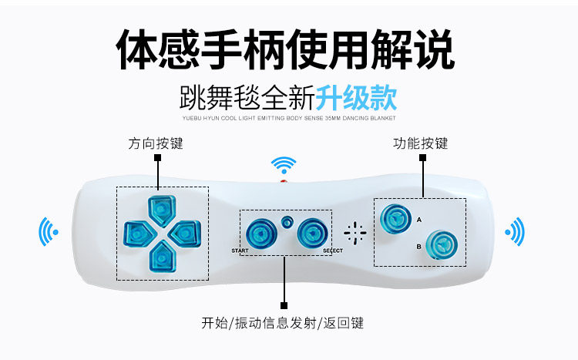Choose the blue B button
(x=440, y=244)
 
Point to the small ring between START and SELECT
(x=287, y=221)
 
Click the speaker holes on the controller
(x=355, y=233)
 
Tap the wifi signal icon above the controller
(x=283, y=165)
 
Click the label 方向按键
(x=156, y=144)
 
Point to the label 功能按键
(x=420, y=143)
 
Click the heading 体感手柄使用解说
(x=285, y=51)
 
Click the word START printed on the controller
(x=240, y=251)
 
